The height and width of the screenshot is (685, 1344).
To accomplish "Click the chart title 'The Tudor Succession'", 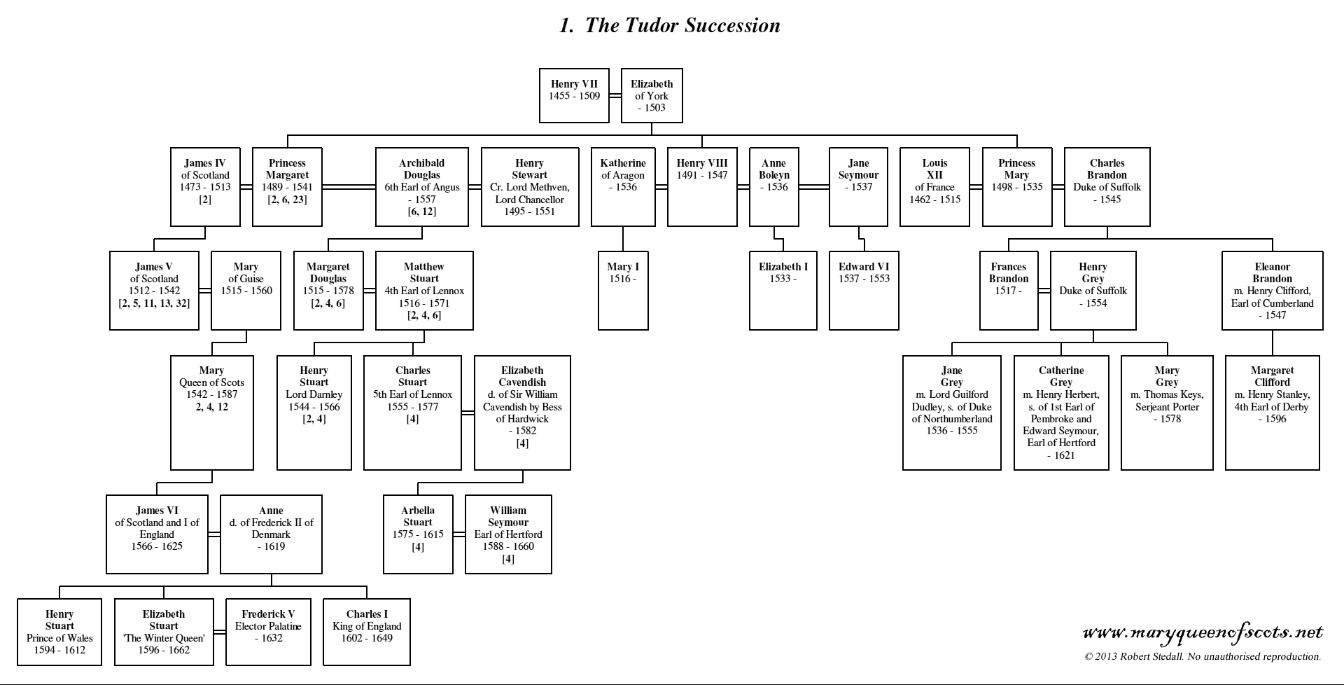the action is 670,26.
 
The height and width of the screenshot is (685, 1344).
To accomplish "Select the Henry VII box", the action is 575,96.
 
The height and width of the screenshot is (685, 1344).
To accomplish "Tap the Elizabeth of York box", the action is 652,96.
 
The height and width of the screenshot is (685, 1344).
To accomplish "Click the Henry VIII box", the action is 702,187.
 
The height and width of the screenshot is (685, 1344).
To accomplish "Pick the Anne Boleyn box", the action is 774,187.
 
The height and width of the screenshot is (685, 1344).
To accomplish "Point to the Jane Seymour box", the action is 858,187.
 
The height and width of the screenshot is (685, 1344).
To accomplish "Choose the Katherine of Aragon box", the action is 623,187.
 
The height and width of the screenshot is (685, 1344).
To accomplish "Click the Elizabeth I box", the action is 783,291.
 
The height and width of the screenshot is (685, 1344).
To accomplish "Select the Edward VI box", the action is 864,291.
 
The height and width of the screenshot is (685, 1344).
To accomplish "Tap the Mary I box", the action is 623,291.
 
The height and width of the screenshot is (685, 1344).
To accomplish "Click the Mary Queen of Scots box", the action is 211,413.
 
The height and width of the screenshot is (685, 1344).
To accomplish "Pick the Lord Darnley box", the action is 314,413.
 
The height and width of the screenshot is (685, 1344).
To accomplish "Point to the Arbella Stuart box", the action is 418,534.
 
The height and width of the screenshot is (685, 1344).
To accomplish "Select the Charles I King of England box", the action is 367,632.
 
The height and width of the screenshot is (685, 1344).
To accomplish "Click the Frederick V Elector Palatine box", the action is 268,632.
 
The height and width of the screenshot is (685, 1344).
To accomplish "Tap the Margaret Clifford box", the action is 1273,413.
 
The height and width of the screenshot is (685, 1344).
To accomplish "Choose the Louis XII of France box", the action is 934,187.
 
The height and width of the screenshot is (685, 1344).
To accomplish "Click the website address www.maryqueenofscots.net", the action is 1203,632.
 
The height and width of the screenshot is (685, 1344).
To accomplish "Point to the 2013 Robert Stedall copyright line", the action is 1203,657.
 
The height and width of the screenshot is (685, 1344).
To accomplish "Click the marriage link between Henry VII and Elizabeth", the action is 615,96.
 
